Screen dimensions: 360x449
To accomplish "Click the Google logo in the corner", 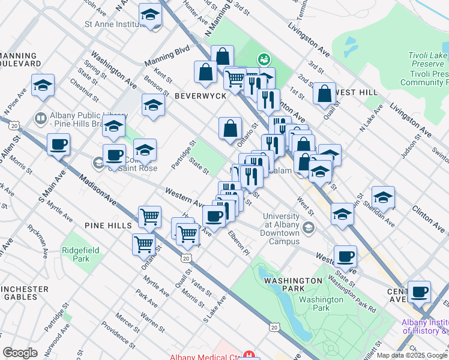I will point(20,353).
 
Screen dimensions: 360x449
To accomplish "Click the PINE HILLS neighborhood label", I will point(108,225).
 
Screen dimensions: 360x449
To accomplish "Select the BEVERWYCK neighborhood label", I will point(200,96).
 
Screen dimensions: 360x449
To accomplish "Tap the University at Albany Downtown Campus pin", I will point(309,227).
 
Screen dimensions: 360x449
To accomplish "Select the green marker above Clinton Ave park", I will point(262,59).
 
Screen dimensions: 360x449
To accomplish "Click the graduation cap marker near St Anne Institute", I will point(150,14).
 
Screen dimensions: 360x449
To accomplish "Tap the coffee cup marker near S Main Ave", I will point(59,144).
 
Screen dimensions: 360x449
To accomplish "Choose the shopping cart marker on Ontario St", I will point(144,244).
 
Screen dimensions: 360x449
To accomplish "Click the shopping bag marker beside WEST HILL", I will point(324,93).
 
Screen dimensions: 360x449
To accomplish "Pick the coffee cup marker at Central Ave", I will point(419,292).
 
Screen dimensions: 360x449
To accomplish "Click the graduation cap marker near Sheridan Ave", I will point(383,197).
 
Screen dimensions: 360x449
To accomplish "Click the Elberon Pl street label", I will point(238,242).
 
